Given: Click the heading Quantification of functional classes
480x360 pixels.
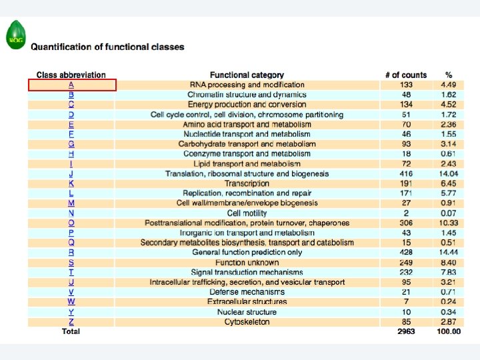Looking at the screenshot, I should coord(108,47).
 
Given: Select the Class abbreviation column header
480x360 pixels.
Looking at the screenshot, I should coord(71,75).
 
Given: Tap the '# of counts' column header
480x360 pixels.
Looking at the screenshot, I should coord(405,75).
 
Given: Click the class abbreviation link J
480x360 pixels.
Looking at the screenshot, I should coord(71,174).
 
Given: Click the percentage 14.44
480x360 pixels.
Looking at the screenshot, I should coord(449,253).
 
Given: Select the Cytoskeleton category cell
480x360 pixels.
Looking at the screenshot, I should coord(247,322).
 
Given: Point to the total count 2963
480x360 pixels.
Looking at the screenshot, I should coord(405,331).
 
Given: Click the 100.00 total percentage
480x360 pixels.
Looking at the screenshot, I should coord(448,331).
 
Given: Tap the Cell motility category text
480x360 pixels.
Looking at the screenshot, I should coord(247,213).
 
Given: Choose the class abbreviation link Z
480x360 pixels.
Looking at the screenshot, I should coord(71,322).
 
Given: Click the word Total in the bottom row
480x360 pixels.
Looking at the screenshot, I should coord(71,331).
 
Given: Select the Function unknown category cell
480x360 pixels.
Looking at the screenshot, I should coord(247,263).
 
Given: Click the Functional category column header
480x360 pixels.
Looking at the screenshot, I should coord(247,75).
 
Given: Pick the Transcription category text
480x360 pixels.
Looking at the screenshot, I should coord(247,183).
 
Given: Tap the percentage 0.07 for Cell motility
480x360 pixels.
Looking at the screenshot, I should coord(449,213).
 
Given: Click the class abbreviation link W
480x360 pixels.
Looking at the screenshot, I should coord(71,302).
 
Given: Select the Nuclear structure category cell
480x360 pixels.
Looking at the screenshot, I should coord(247,312).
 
